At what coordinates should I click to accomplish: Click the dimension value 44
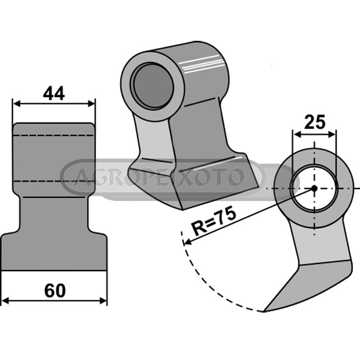(x=54, y=94)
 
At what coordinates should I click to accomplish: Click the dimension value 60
(x=55, y=290)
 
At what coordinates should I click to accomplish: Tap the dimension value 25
(x=315, y=122)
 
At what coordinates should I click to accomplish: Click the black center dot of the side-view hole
(x=314, y=188)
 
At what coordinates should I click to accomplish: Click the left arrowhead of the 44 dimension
(x=17, y=104)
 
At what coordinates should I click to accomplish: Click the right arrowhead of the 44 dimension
(x=91, y=104)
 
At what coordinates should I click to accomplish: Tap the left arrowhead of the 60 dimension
(x=5, y=300)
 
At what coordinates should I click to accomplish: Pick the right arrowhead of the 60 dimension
(x=103, y=300)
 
